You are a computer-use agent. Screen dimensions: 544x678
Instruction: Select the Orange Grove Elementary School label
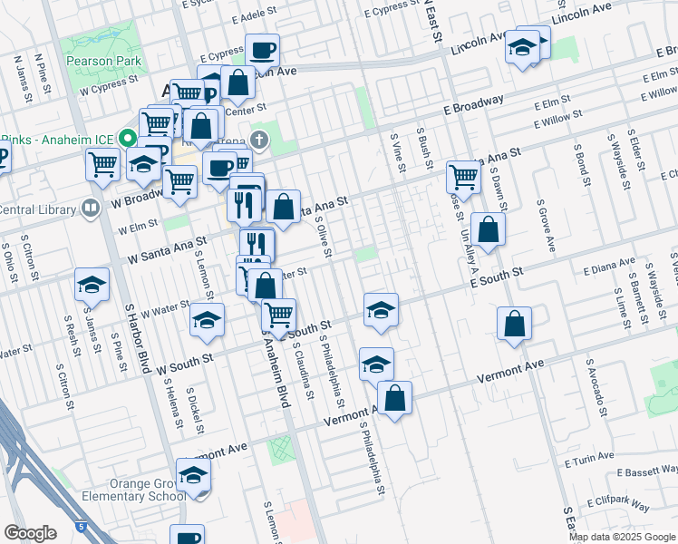tap(121, 490)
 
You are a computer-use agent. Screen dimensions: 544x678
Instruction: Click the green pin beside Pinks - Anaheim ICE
tap(128, 140)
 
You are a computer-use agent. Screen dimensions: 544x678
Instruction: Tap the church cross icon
tap(259, 140)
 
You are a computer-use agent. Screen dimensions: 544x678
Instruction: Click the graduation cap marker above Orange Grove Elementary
tap(194, 474)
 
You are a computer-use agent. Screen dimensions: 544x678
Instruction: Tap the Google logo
tap(30, 532)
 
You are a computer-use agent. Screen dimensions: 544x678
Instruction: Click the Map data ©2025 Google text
tap(622, 537)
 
